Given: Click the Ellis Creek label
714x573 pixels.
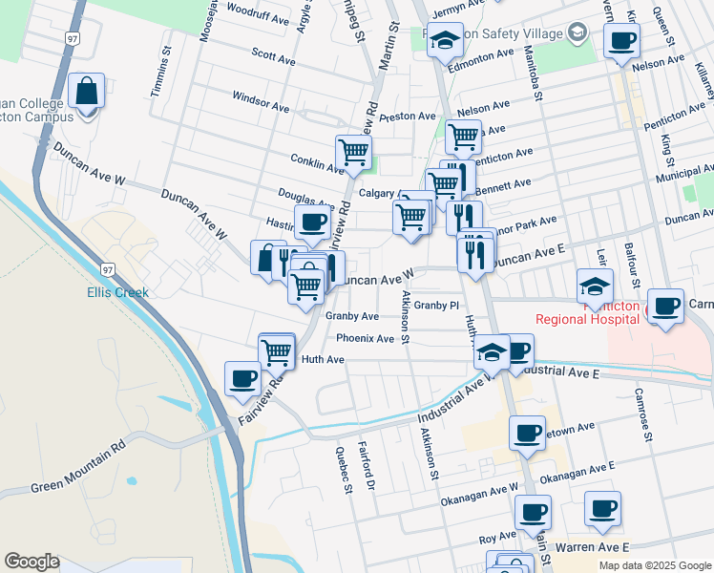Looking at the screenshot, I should (x=118, y=292).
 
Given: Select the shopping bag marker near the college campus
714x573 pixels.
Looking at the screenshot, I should (x=87, y=93).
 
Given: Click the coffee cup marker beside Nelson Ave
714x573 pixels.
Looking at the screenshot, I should (x=621, y=41).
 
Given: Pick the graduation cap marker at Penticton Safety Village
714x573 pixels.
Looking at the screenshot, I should (x=444, y=40).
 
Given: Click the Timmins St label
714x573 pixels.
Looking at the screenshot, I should (x=166, y=73).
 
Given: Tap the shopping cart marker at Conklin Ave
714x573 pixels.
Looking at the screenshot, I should (x=353, y=152).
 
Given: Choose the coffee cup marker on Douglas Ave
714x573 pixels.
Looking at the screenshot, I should (x=312, y=223).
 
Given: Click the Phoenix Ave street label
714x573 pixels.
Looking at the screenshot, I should (x=365, y=339).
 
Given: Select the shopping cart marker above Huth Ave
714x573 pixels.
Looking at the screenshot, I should (x=277, y=350).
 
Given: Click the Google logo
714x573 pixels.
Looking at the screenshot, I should (x=32, y=562).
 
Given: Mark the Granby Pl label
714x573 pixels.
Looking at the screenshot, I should (x=437, y=306).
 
